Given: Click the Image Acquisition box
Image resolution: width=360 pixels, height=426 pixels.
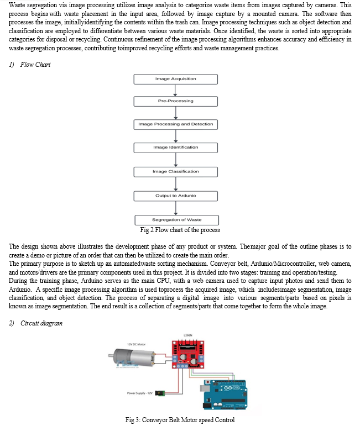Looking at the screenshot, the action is click(x=176, y=79).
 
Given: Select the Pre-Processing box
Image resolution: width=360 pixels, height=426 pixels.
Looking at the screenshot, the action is click(x=176, y=101).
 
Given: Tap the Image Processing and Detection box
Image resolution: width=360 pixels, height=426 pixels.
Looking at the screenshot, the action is click(x=176, y=124).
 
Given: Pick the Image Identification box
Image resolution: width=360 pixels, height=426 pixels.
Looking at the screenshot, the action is click(x=176, y=148).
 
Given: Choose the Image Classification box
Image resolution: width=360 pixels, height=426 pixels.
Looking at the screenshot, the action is click(x=176, y=172).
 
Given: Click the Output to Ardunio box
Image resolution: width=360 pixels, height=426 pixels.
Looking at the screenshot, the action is click(x=176, y=196).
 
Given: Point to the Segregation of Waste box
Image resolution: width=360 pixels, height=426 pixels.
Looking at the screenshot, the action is click(x=177, y=220).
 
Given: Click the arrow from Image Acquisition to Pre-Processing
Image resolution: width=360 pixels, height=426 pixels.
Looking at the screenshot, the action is click(x=175, y=90).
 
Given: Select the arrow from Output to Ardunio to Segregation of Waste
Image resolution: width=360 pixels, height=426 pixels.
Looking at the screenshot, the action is click(x=176, y=208).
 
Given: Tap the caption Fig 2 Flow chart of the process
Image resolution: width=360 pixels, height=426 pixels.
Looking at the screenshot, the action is click(x=180, y=230).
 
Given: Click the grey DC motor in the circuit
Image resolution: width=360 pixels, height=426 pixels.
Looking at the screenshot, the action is click(x=132, y=357).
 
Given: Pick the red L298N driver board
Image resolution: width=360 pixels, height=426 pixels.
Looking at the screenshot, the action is click(x=188, y=354).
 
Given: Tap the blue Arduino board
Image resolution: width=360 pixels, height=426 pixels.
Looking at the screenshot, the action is click(x=225, y=395).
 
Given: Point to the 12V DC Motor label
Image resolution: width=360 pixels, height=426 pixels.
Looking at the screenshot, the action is click(x=137, y=344).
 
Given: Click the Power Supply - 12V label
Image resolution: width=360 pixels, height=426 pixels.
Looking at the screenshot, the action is click(x=140, y=393).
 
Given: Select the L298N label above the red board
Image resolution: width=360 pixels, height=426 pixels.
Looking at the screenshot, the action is click(x=188, y=335).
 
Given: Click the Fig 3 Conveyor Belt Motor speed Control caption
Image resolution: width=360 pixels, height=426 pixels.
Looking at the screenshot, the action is click(x=180, y=420).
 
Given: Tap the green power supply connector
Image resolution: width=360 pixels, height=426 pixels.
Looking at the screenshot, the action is click(x=160, y=393).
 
